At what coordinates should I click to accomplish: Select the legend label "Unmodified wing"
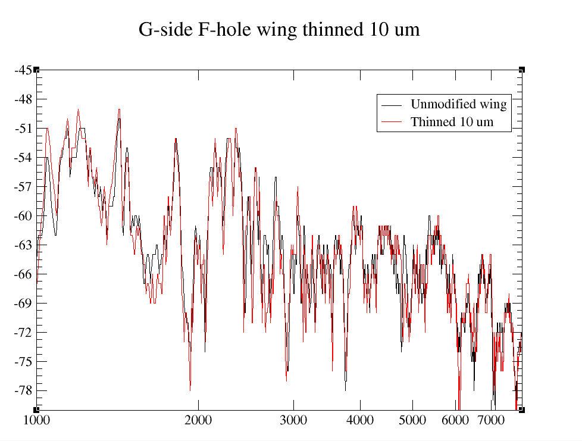click(458, 105)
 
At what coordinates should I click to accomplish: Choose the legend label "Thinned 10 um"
click(452, 123)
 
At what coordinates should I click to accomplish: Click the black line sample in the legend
click(392, 105)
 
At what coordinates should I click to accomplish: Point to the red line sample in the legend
click(392, 123)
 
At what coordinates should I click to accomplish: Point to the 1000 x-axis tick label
click(36, 420)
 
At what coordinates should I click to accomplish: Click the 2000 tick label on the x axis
click(198, 420)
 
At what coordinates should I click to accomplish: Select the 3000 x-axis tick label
click(293, 420)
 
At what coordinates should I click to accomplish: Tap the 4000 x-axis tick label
click(360, 420)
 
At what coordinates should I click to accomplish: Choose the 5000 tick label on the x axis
click(412, 420)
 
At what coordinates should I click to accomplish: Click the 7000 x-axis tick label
click(491, 420)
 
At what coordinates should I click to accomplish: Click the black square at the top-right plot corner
click(522, 70)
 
